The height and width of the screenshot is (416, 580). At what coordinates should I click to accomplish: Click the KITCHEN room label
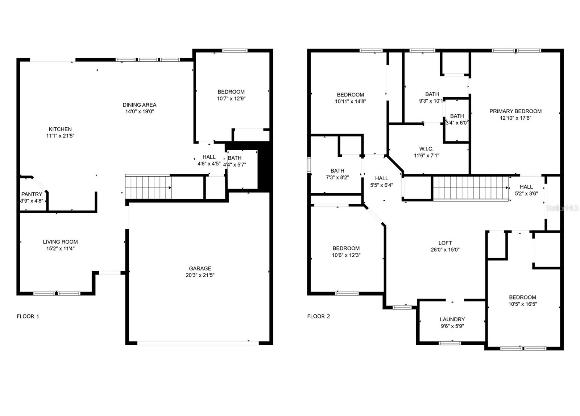[x=60, y=129]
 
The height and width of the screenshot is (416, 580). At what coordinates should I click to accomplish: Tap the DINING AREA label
[x=140, y=105]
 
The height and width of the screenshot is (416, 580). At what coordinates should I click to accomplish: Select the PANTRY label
[x=32, y=194]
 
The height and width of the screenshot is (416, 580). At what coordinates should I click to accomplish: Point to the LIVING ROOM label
[x=60, y=242]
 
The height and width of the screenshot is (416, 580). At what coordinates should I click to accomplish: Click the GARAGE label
[x=200, y=268]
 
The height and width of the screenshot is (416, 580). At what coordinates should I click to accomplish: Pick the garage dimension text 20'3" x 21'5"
[x=200, y=275]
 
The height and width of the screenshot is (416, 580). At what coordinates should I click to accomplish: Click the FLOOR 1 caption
[x=28, y=316]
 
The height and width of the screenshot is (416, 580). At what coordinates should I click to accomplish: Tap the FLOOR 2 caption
[x=319, y=316]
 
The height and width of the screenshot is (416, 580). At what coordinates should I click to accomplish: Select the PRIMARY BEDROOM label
[x=515, y=111]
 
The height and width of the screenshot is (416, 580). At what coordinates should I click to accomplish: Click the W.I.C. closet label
[x=426, y=149]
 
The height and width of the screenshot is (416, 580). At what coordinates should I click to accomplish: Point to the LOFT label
[x=445, y=243]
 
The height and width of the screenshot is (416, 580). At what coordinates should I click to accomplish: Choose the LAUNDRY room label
[x=452, y=319]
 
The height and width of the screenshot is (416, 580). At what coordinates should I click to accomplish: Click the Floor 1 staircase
[x=148, y=187]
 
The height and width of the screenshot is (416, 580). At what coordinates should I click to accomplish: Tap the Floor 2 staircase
[x=471, y=188]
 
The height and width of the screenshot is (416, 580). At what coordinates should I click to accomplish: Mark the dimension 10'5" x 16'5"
[x=522, y=304]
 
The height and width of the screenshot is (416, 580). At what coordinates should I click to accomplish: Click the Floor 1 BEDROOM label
[x=231, y=92]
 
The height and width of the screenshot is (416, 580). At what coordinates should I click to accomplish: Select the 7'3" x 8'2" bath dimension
[x=337, y=177]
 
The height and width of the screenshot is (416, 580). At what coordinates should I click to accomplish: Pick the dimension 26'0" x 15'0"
[x=445, y=250]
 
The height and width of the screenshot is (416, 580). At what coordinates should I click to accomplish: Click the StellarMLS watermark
[x=562, y=208]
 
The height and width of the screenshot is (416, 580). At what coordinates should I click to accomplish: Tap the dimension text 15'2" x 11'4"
[x=60, y=248]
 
